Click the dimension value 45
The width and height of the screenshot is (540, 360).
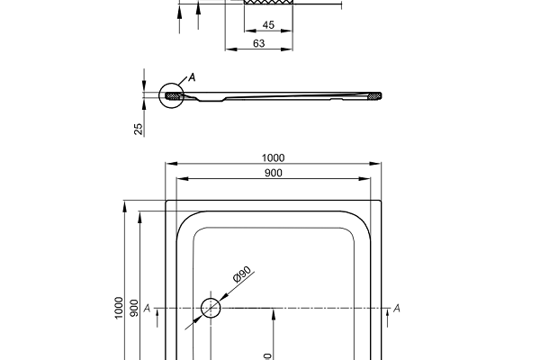[x=268, y=25]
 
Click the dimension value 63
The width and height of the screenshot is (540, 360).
[x=258, y=42]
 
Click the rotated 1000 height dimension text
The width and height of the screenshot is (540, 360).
[x=119, y=308]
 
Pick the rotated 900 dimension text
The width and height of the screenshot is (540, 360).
[x=134, y=308]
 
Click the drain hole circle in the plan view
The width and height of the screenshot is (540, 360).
[x=211, y=308]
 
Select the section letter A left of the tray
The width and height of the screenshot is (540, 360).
[x=147, y=309]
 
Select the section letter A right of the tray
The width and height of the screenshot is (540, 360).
[x=397, y=309]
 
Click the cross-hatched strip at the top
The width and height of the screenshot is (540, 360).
[x=268, y=4]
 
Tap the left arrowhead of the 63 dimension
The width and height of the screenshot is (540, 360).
[x=227, y=49]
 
